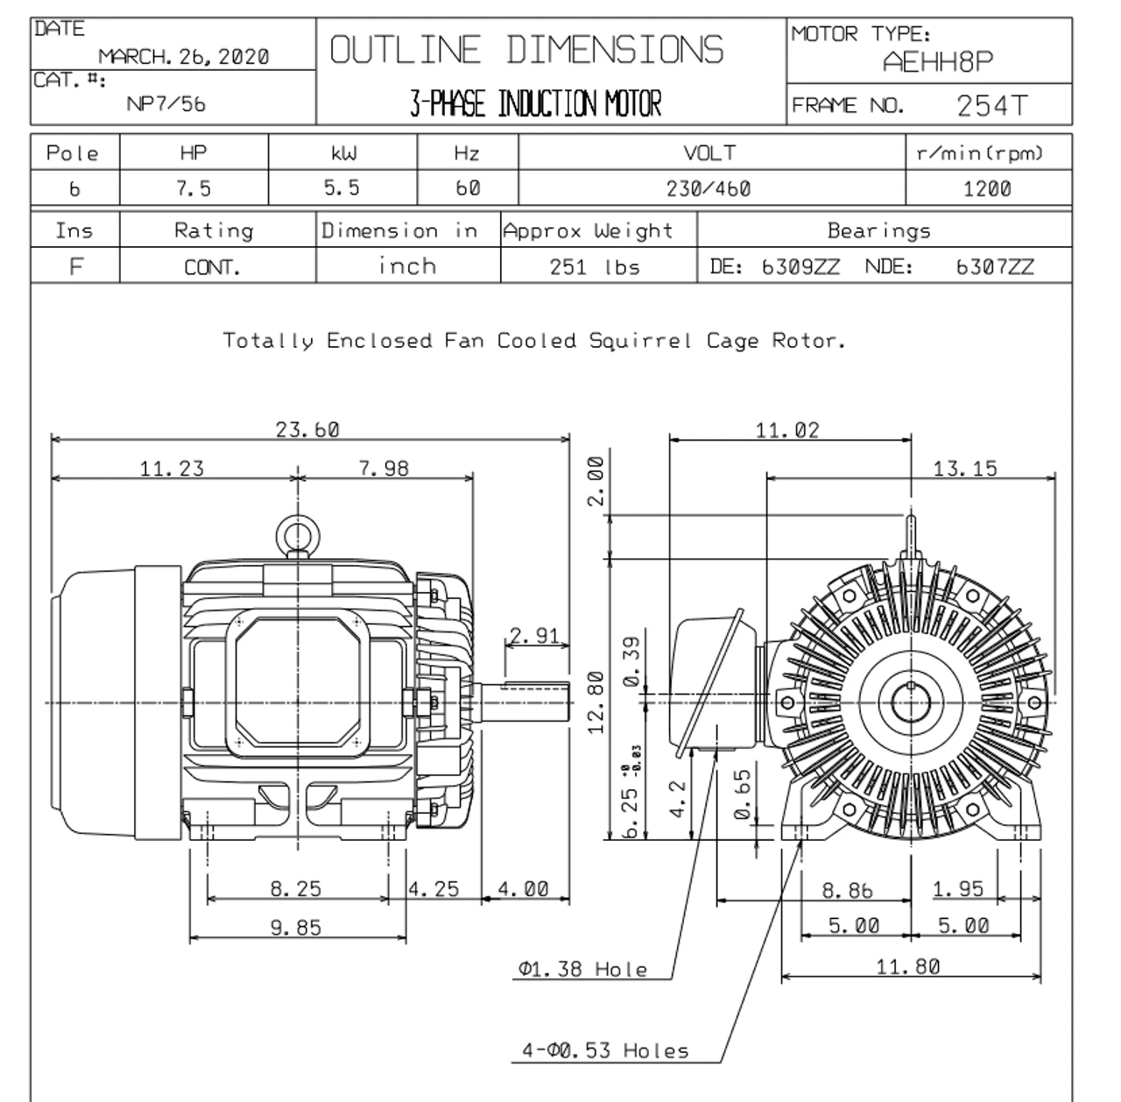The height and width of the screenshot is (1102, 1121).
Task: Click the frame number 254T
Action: click(x=991, y=105)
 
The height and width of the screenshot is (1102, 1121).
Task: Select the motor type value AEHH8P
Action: click(x=938, y=62)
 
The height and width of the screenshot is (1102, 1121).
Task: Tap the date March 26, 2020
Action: click(x=183, y=57)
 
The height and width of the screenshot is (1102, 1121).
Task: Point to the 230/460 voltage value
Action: click(x=710, y=188)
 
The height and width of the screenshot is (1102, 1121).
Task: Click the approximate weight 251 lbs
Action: click(x=594, y=267)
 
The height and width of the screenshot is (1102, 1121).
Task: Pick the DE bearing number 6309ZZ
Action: click(x=800, y=267)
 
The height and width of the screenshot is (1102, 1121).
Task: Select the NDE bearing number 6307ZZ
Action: click(x=994, y=267)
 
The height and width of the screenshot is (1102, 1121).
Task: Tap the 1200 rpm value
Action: click(x=987, y=188)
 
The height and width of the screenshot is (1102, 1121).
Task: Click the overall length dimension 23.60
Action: click(x=307, y=429)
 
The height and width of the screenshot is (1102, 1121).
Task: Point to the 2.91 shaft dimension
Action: click(x=534, y=636)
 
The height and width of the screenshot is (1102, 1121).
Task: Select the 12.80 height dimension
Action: click(x=596, y=703)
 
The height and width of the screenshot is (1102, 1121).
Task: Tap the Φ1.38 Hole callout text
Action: click(x=582, y=969)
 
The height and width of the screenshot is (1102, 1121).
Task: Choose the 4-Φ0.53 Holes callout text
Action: click(x=605, y=1050)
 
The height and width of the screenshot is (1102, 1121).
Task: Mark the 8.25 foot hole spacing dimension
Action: click(x=295, y=889)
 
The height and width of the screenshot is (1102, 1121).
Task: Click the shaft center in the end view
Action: click(x=911, y=702)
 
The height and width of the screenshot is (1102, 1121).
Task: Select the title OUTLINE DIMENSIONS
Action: click(x=526, y=50)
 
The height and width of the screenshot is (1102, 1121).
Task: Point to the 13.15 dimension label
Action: click(x=964, y=469)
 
